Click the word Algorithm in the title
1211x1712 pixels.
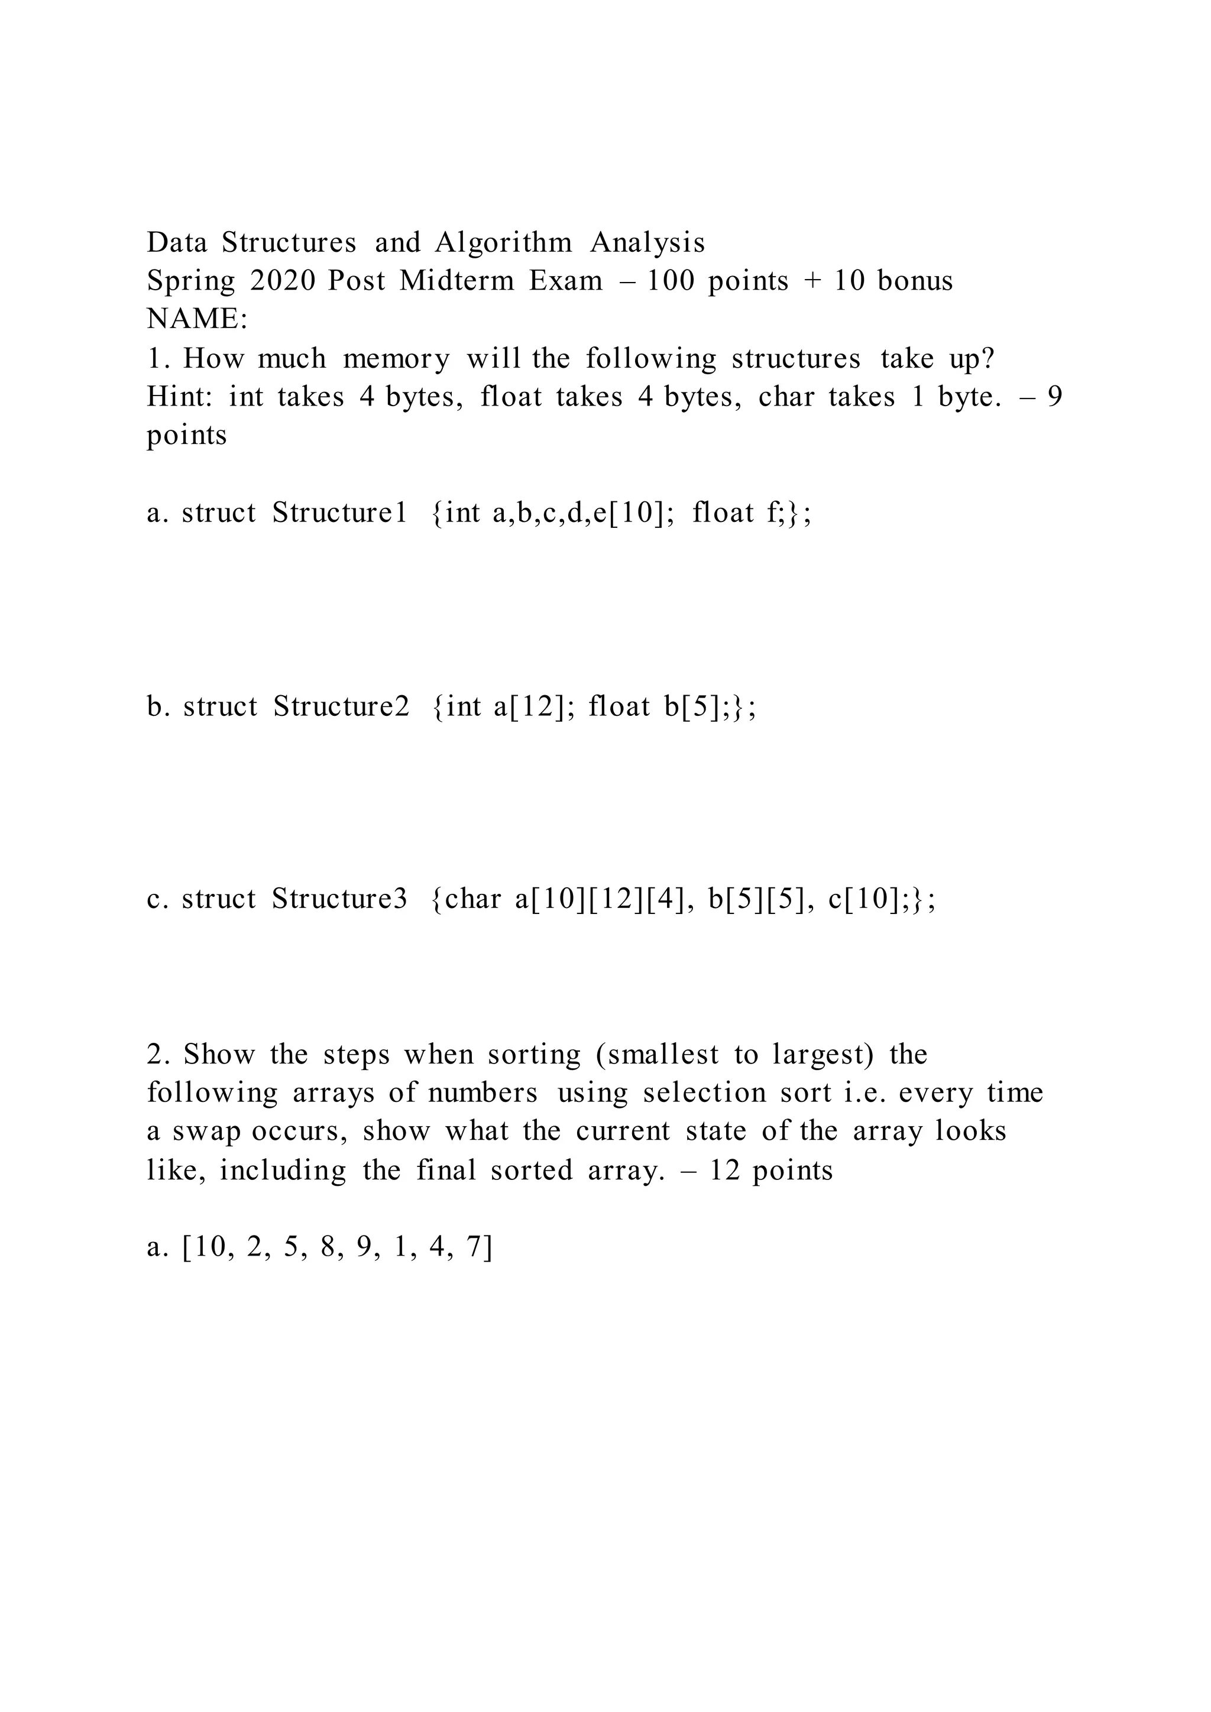point(503,243)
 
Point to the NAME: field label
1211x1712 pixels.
point(197,319)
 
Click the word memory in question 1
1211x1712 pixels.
point(396,359)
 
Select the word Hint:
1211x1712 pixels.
point(180,397)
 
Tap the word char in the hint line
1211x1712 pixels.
point(786,397)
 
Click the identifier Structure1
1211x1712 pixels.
point(339,513)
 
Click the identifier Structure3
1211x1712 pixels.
point(339,899)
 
